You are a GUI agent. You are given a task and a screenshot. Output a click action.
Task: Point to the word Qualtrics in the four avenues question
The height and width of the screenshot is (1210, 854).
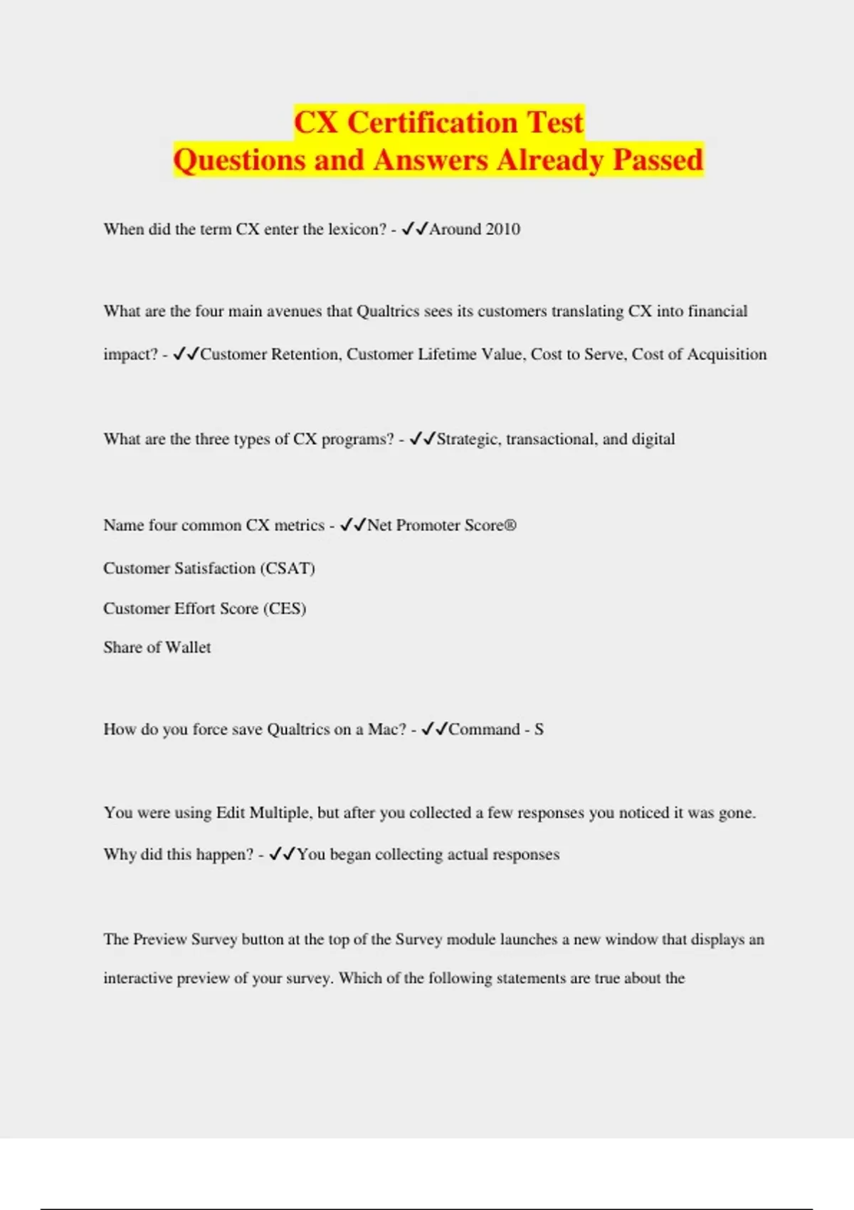[388, 311]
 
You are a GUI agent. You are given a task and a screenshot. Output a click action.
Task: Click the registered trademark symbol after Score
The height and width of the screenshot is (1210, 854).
[510, 525]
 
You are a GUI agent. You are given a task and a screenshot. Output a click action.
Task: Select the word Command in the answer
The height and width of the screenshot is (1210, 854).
[484, 730]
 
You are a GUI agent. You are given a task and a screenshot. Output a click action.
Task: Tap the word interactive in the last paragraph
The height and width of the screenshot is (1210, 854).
[138, 979]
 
